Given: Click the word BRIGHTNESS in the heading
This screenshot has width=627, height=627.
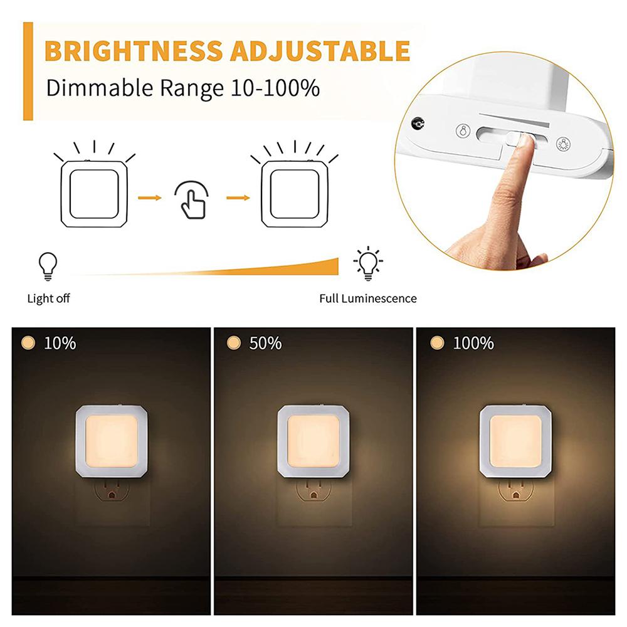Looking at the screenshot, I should point(134,51).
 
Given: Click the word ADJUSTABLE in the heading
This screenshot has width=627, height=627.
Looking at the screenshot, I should point(320,51).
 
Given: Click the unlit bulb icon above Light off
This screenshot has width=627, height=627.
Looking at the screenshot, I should point(48,265).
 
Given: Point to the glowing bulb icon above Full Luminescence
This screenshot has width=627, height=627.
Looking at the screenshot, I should point(367,263).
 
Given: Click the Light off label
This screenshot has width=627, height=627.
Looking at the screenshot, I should point(48,298).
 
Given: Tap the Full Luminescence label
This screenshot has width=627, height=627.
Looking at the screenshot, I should point(367,298).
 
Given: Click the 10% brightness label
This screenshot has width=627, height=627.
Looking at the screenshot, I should point(60,344).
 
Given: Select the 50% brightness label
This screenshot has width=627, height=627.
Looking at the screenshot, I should point(264,344).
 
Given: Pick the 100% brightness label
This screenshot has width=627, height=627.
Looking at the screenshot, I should point(473,344).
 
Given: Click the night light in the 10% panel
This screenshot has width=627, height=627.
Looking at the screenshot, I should point(111,441).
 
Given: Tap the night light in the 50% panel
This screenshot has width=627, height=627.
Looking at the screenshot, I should point(313,441).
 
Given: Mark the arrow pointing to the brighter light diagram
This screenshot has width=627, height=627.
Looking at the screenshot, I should point(238,198).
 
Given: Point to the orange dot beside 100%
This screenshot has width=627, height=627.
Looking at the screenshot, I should point(438,343).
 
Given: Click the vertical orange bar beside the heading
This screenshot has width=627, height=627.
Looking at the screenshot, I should point(28,71).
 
